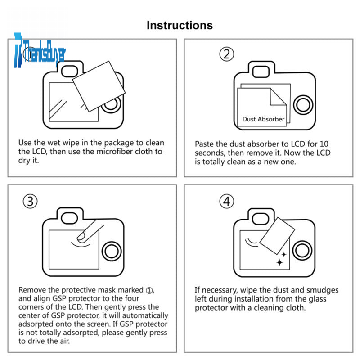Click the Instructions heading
[x=180, y=25]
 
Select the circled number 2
[x=227, y=54]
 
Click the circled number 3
[x=30, y=201]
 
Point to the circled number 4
[x=227, y=201]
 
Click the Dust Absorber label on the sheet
[x=263, y=119]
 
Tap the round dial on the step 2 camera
[x=303, y=105]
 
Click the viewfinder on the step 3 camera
[x=69, y=218]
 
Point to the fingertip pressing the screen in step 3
[x=82, y=237]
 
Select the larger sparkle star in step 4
[x=279, y=262]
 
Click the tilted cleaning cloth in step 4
[x=277, y=236]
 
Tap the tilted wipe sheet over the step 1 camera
[x=99, y=86]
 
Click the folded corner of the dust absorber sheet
[x=278, y=97]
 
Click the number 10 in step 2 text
[x=324, y=144]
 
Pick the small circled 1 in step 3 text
[x=149, y=290]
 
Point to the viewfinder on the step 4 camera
[x=261, y=218]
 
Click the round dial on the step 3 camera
[x=112, y=251]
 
